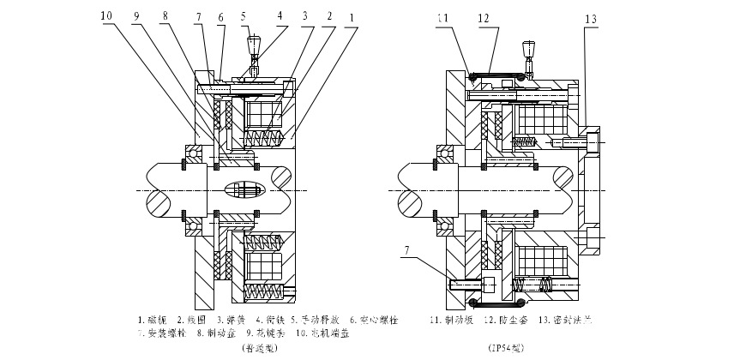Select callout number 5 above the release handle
click(244, 16)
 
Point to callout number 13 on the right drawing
click(590, 17)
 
